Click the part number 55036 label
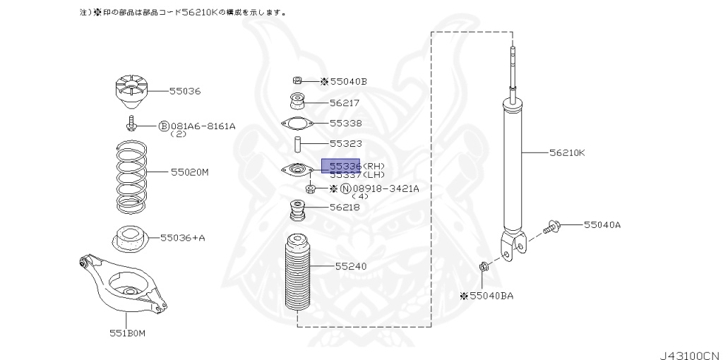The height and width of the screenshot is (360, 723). (185, 91)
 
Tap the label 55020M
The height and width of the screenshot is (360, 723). (189, 172)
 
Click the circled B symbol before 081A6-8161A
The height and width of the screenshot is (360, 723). (164, 126)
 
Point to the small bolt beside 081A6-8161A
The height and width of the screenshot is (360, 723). (131, 126)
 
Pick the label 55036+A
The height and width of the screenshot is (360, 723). (182, 238)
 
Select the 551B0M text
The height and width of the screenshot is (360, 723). (126, 332)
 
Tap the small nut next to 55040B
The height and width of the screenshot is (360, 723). (298, 81)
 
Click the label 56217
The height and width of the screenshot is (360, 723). (345, 102)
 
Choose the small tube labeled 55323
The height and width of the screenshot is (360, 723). (298, 145)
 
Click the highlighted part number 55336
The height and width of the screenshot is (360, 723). (341, 166)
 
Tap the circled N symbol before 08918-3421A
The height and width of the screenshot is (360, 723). (345, 188)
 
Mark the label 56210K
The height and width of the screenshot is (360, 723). (568, 152)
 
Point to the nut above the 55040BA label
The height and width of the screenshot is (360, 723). (484, 268)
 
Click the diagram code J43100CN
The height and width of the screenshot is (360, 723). (688, 351)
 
